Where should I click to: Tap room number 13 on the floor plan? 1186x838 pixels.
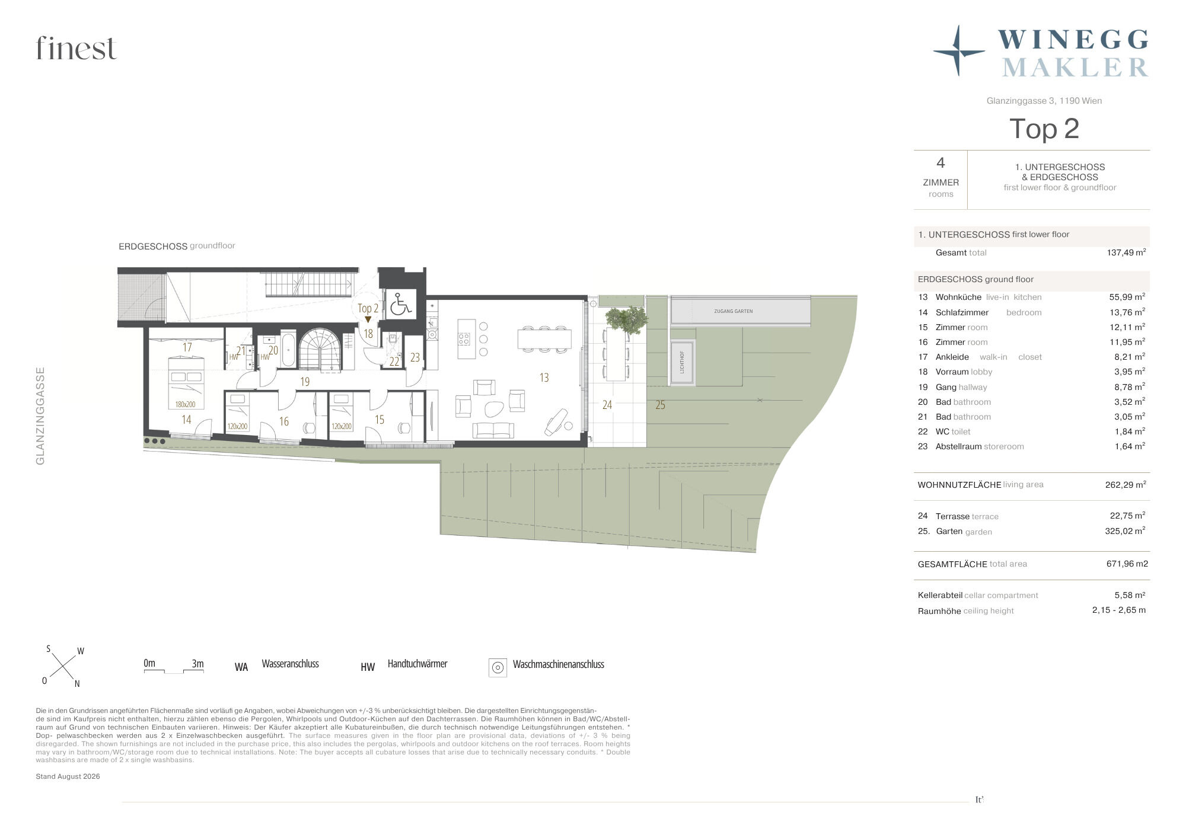click(544, 378)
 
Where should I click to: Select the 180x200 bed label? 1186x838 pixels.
click(185, 404)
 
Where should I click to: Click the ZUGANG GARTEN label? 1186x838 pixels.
click(734, 311)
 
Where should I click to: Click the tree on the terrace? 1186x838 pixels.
click(627, 321)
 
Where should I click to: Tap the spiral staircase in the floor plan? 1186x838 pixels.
click(321, 350)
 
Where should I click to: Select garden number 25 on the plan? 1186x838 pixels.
click(660, 405)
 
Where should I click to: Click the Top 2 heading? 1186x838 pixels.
click(1044, 129)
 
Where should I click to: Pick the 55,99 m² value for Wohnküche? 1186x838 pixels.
click(1127, 297)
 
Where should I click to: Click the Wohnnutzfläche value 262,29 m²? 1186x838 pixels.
click(1126, 484)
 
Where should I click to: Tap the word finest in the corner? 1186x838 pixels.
click(76, 48)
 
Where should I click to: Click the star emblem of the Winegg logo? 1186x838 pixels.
click(958, 51)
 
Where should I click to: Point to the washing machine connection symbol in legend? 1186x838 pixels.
click(498, 667)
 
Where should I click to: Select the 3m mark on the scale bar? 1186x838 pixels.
click(197, 663)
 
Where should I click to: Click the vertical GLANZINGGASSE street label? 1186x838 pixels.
click(40, 416)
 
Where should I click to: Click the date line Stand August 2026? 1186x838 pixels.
click(68, 776)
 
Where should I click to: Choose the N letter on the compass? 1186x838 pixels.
click(77, 684)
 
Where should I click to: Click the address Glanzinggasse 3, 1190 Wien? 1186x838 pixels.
click(1044, 101)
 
